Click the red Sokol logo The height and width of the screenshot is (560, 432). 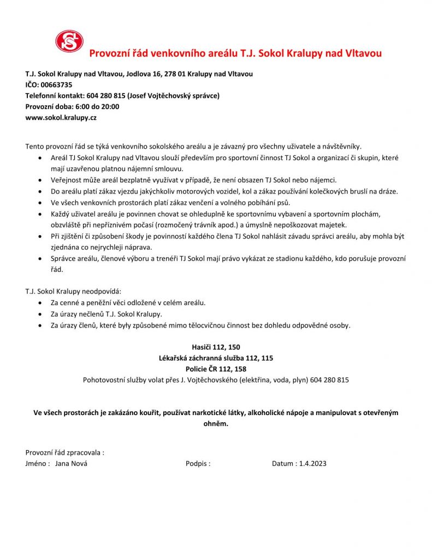tap(69, 41)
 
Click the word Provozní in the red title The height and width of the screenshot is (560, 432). tap(109, 54)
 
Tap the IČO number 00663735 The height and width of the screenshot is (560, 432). tap(56, 85)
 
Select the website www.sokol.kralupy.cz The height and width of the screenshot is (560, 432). tap(61, 118)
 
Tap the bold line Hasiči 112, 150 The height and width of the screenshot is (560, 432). tap(216, 347)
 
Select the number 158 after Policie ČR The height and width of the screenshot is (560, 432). tap(239, 369)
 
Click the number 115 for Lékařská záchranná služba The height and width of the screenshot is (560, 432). tap(266, 358)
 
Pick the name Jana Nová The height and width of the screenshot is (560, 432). tap(71, 464)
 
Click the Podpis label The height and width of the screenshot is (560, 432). tap(198, 464)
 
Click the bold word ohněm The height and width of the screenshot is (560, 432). tap(216, 423)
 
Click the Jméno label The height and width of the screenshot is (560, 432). tap(37, 464)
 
